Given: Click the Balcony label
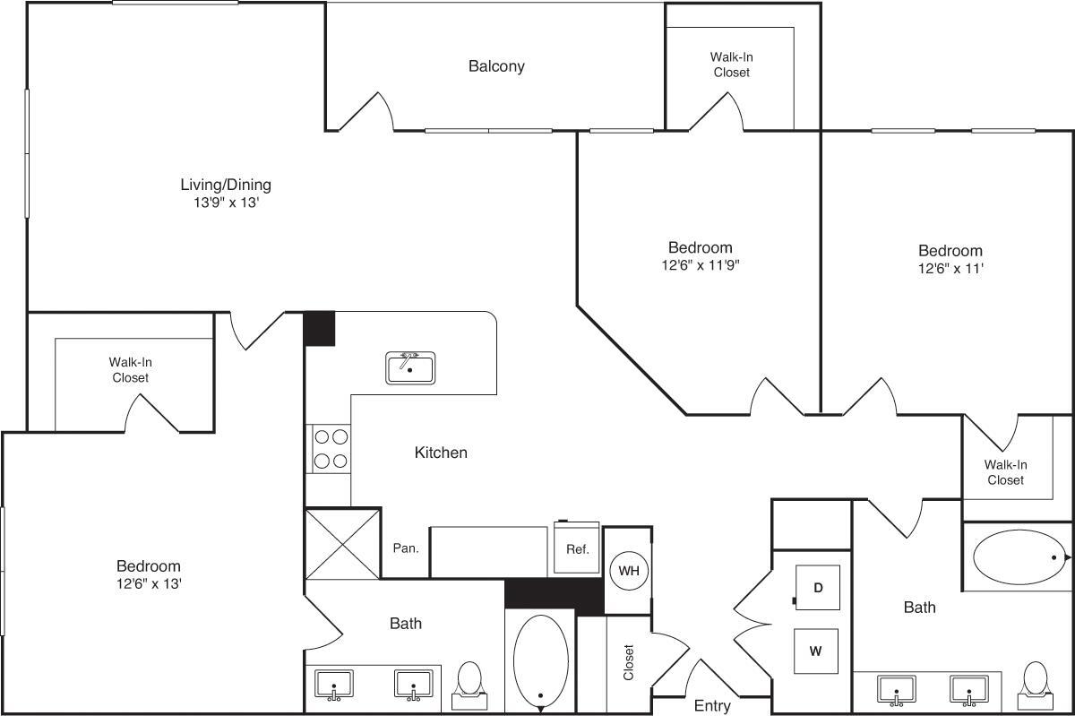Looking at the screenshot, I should (496, 66).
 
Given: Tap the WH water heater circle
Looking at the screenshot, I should (628, 570).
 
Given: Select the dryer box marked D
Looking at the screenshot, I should (817, 588).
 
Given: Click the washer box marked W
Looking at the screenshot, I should (816, 651).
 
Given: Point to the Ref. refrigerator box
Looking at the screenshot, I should (577, 548).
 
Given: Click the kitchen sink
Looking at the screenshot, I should (410, 367).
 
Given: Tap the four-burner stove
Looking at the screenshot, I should (329, 449).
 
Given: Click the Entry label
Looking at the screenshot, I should (712, 706).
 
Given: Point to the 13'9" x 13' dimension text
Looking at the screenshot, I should (226, 203).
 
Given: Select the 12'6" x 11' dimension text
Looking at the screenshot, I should (950, 268).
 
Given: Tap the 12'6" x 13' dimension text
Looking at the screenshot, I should (149, 583).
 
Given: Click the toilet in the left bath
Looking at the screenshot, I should (469, 680).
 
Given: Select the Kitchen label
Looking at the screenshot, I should (441, 453).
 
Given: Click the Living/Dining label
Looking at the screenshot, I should (226, 185).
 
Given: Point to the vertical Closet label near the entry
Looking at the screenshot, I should (628, 662).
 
